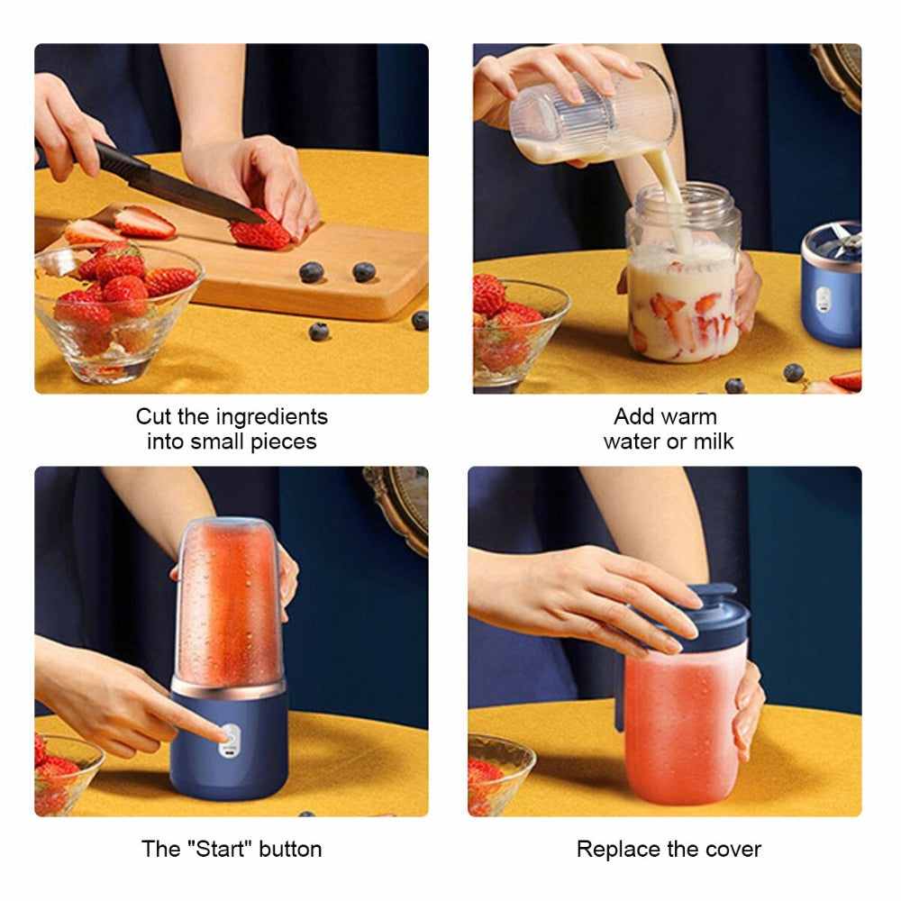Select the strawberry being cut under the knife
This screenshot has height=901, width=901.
coord(261,232)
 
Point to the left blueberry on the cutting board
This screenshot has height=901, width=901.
coord(311,271)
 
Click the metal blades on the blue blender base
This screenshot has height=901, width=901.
coord(833,236)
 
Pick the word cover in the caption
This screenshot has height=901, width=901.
coord(732,849)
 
